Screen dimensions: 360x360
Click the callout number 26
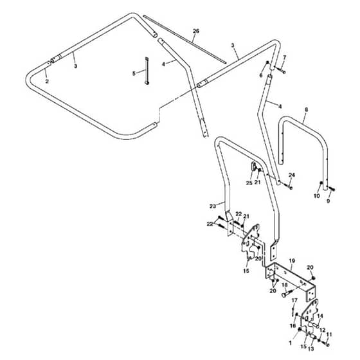[x=196, y=31]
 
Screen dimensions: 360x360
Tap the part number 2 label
[x=47, y=81]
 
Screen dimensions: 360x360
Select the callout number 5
[x=134, y=73]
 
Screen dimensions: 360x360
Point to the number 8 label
[x=306, y=110]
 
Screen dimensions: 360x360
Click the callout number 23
[x=213, y=206]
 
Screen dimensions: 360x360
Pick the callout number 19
[x=292, y=261]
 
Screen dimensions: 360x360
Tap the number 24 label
[x=292, y=175]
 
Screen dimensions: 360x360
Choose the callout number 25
[x=249, y=183]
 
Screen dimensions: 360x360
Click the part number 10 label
[x=316, y=196]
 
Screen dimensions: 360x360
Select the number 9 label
[x=328, y=201]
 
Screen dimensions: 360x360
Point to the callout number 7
[x=285, y=57]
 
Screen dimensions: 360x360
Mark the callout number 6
[x=261, y=75]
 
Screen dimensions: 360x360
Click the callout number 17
[x=294, y=300]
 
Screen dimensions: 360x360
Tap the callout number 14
[x=320, y=316]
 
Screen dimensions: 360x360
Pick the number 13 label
[x=311, y=348]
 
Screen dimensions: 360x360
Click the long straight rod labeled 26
[x=185, y=39]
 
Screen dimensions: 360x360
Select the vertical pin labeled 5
[x=147, y=71]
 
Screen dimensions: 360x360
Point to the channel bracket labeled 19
[x=291, y=282]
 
